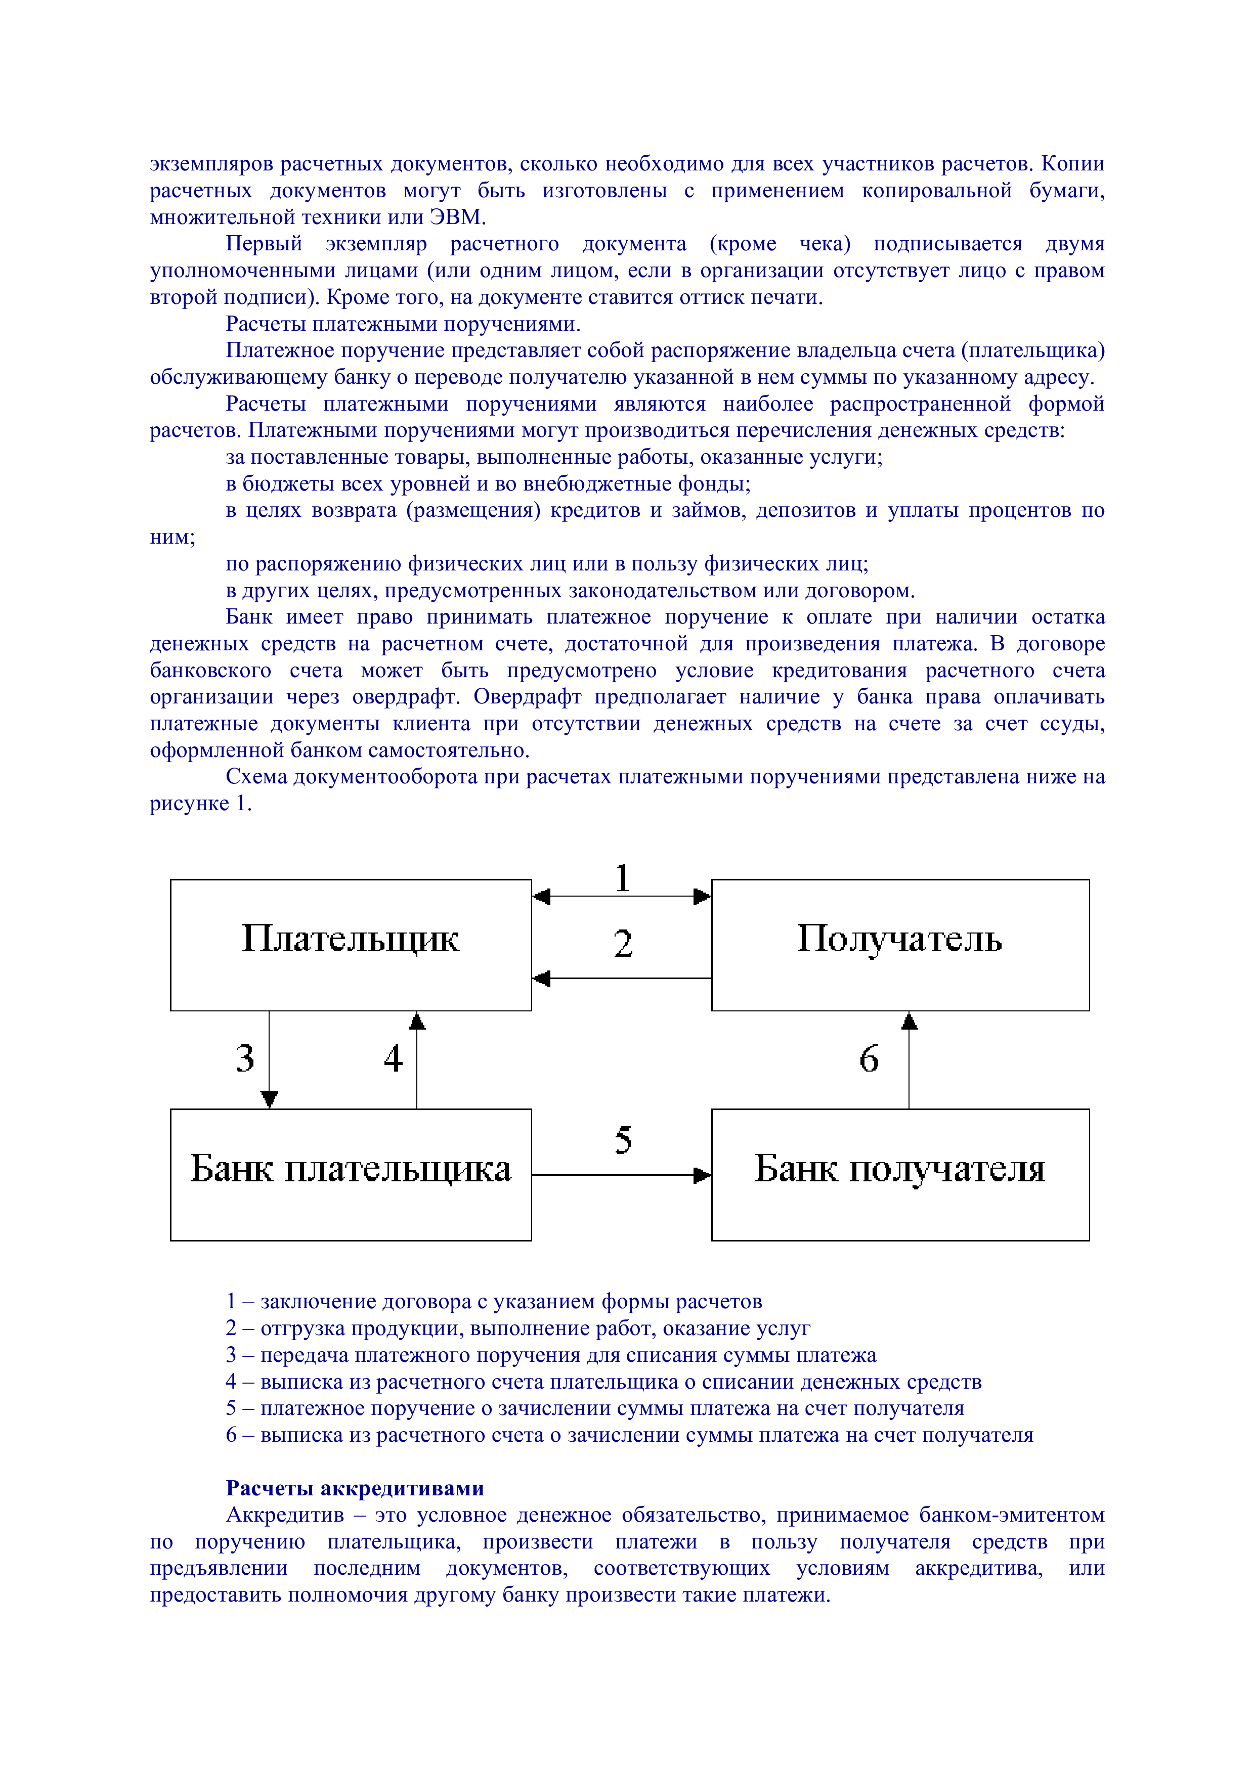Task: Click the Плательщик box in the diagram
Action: pos(350,944)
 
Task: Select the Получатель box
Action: pos(899,944)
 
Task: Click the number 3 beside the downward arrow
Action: pos(245,1058)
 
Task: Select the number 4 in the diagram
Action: pos(393,1058)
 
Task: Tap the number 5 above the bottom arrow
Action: pos(623,1140)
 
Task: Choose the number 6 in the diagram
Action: pos(869,1058)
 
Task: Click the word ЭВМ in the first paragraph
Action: pos(457,217)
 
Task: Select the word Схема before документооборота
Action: pos(256,777)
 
